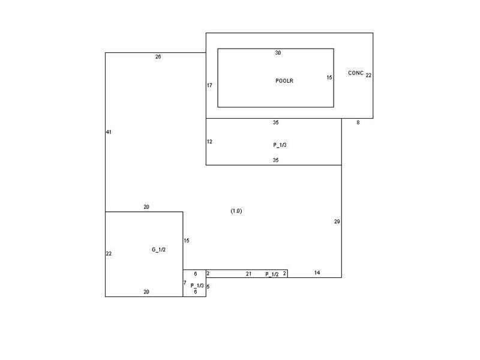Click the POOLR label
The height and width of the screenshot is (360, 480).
(284, 81)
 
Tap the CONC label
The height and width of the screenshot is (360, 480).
(356, 73)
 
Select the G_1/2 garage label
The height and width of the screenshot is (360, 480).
(158, 250)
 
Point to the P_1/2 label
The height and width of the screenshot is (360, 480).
(272, 274)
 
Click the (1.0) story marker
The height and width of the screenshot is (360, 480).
(236, 211)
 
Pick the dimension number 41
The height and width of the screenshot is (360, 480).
(109, 132)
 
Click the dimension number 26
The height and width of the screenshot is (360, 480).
(158, 56)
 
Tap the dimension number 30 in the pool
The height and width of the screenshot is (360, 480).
(278, 53)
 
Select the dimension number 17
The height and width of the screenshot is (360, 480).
(209, 85)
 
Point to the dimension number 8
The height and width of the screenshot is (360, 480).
(358, 122)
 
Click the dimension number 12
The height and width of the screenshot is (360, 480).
(209, 142)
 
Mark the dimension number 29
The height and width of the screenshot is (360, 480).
(337, 221)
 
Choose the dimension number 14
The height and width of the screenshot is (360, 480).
(317, 272)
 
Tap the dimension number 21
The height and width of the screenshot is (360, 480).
(248, 274)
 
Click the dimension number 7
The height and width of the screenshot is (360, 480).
(185, 283)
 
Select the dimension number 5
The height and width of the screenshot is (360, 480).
(208, 287)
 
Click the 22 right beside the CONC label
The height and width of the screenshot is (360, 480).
(368, 76)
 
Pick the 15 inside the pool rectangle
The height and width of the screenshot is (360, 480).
(329, 77)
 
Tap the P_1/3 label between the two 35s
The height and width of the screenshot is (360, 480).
(280, 145)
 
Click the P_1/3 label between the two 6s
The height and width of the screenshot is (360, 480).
(197, 286)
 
